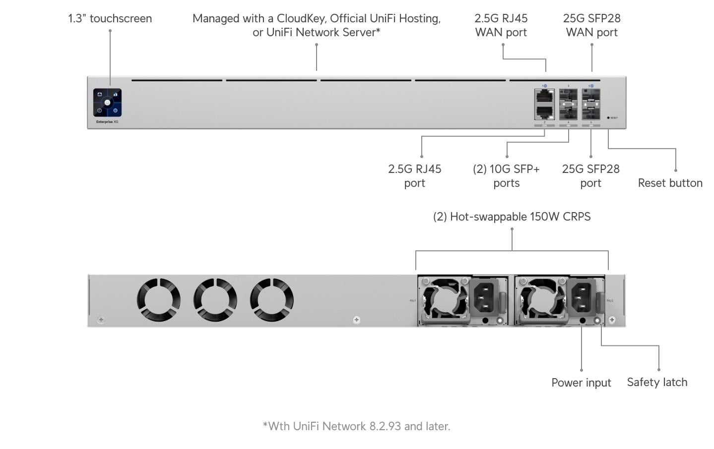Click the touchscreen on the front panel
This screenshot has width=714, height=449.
pyautogui.click(x=107, y=103)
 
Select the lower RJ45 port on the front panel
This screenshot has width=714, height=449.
pyautogui.click(x=544, y=112)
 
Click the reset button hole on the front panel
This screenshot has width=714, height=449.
pyautogui.click(x=608, y=118)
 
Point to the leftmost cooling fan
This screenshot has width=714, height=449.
pyautogui.click(x=158, y=300)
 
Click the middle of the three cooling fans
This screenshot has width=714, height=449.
pyautogui.click(x=215, y=300)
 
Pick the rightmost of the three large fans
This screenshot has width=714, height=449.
pyautogui.click(x=272, y=300)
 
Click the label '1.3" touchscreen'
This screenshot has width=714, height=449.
pyautogui.click(x=110, y=18)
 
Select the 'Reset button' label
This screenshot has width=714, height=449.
pyautogui.click(x=670, y=183)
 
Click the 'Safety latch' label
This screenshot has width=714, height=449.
pyautogui.click(x=657, y=382)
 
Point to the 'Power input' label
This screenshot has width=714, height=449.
pyautogui.click(x=581, y=383)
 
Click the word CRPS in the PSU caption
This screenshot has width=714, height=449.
pyautogui.click(x=576, y=217)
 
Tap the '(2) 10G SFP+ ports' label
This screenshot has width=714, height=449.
pyautogui.click(x=506, y=176)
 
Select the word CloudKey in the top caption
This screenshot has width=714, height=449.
pyautogui.click(x=301, y=18)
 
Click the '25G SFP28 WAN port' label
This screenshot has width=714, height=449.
pyautogui.click(x=591, y=25)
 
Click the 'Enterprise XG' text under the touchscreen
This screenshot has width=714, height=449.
pyautogui.click(x=107, y=121)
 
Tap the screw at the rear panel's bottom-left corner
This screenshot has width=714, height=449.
pyautogui.click(x=101, y=319)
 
